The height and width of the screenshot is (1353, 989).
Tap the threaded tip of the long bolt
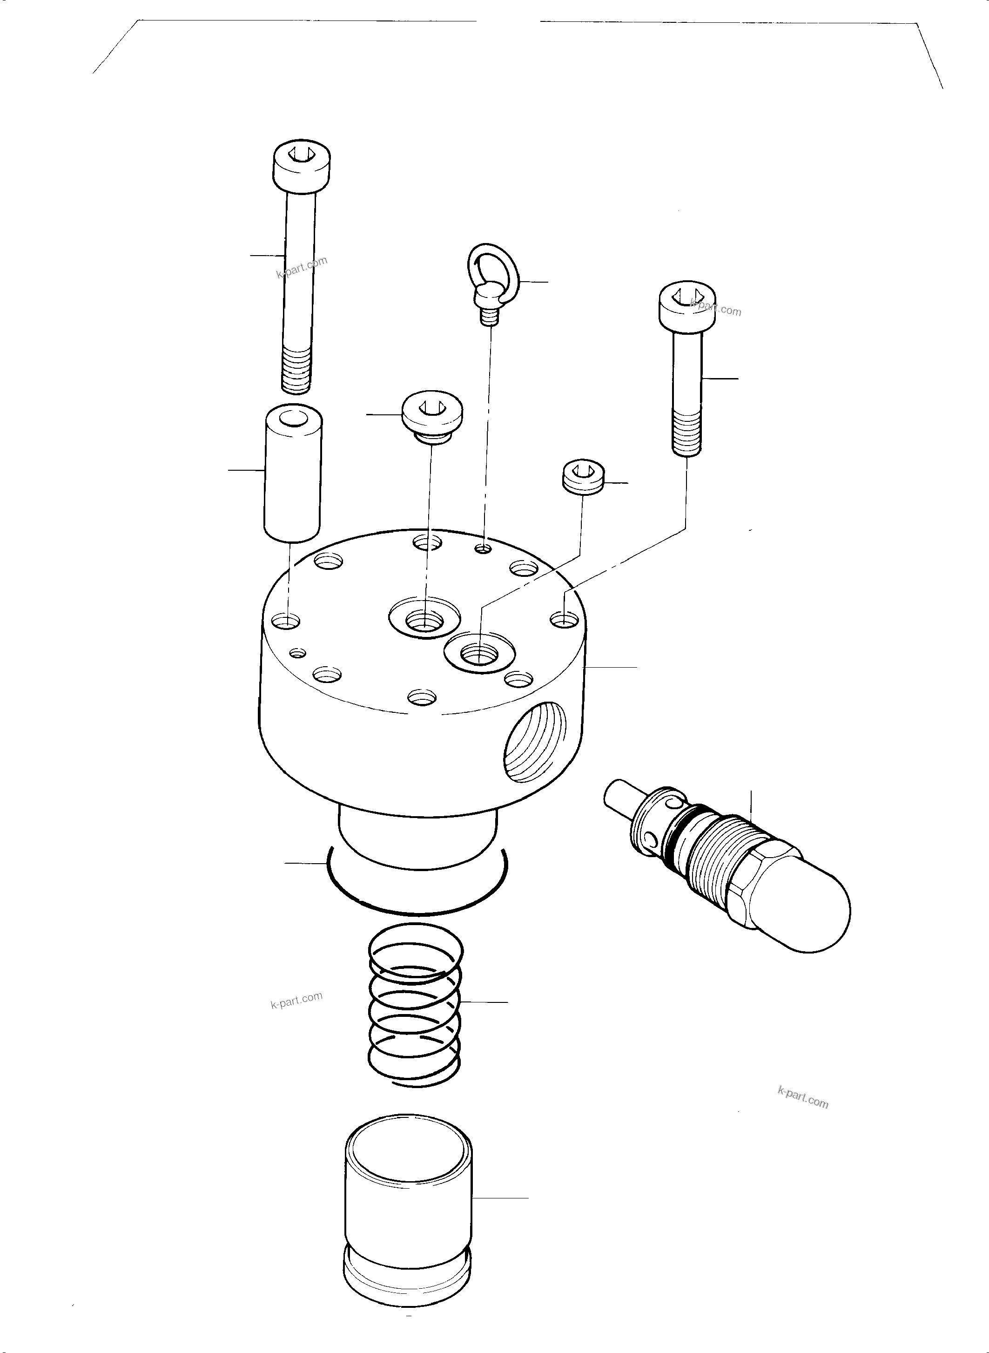tap(296, 372)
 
